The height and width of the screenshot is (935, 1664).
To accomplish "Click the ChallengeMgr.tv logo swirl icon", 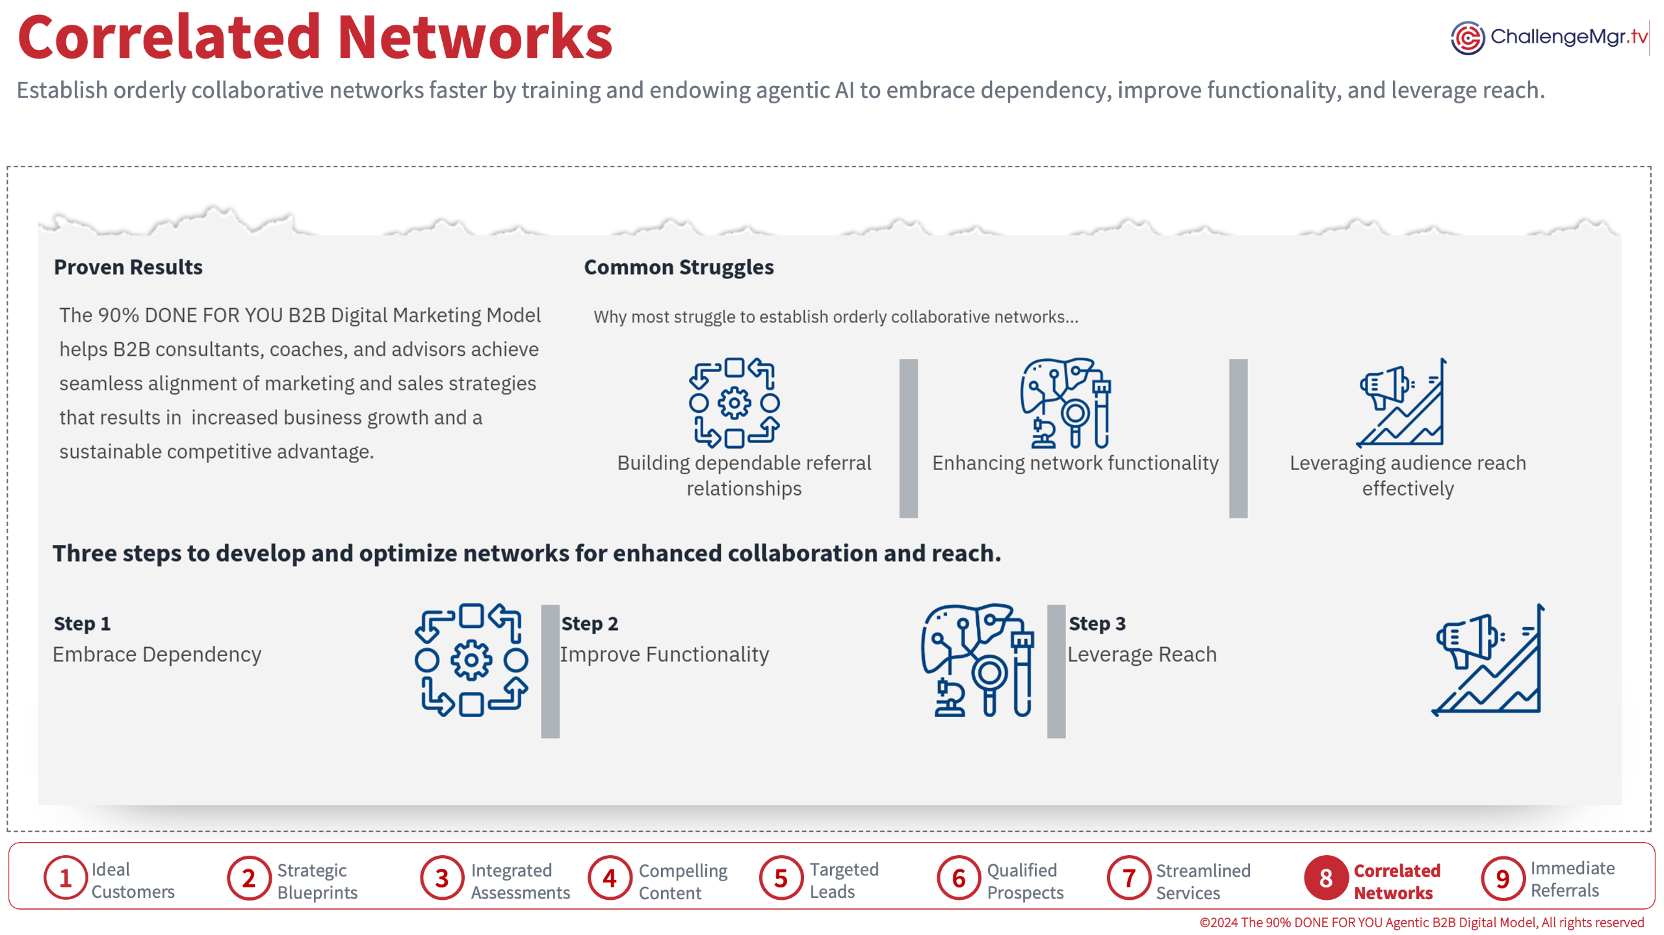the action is click(1467, 38).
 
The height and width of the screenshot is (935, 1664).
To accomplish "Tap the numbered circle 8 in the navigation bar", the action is click(1325, 878).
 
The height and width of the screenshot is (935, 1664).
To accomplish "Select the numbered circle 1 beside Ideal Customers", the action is click(66, 878).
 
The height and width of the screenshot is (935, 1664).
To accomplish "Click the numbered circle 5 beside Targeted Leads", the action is click(781, 878).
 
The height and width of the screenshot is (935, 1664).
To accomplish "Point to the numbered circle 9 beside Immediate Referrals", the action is click(1503, 878).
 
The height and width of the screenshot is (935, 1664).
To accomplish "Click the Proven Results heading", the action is click(128, 267).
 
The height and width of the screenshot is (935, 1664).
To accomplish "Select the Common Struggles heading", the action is click(679, 267).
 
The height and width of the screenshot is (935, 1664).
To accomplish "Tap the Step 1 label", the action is click(82, 624).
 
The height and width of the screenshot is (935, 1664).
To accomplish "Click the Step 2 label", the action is click(590, 624).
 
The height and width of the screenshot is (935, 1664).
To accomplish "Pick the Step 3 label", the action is click(1097, 624).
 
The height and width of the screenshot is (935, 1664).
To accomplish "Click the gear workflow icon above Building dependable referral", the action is click(734, 403).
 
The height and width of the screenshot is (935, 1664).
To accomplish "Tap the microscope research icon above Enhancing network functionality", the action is click(1065, 403).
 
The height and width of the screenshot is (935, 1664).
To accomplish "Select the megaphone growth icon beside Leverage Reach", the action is click(1488, 660).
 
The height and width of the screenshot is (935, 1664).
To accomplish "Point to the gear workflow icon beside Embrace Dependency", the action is click(471, 660).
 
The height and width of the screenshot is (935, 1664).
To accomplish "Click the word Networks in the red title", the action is click(475, 37).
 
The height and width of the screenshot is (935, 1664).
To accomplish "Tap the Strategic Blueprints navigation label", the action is click(317, 881).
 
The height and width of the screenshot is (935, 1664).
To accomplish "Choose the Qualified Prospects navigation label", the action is click(1025, 881).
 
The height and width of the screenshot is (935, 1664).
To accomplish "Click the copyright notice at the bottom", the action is click(1422, 922).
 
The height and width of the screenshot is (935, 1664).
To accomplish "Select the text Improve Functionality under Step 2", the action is click(664, 654).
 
